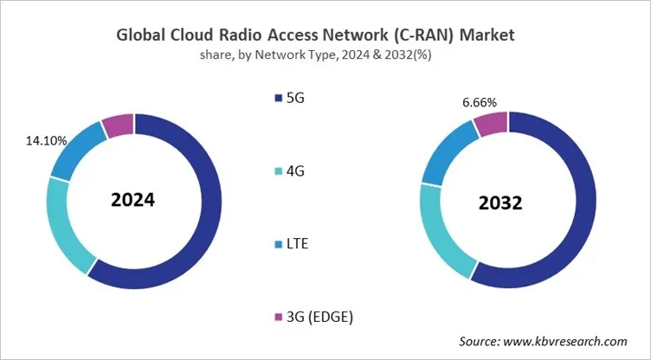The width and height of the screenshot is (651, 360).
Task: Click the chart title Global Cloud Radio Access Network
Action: tap(325, 36)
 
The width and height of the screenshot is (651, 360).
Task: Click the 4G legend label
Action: tap(295, 171)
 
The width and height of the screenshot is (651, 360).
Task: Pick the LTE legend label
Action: tap(298, 244)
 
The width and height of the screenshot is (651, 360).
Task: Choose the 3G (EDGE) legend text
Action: tap(319, 317)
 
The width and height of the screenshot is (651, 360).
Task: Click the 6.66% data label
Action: tap(480, 102)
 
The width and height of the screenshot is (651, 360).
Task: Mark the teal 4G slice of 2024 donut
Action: tap(68, 226)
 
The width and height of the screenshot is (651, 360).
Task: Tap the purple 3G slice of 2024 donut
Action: tap(118, 126)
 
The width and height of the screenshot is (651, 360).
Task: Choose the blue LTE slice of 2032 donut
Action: tap(442, 155)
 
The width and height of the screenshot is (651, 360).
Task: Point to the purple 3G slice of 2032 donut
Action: tap(491, 125)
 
